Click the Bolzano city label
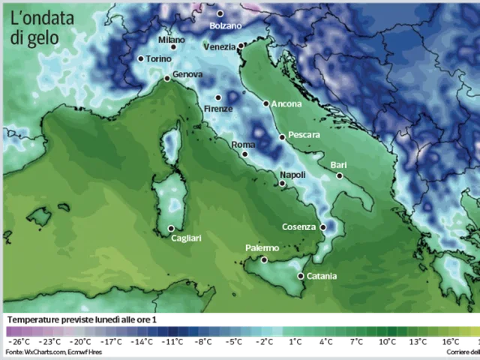[225, 25]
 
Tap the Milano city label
[171, 40]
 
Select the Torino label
[158, 58]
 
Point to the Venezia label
[220, 46]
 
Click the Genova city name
[187, 75]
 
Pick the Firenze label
[218, 109]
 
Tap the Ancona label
[286, 104]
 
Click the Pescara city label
[304, 135]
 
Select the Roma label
[243, 145]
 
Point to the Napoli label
[292, 174]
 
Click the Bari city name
[339, 165]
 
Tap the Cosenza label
[299, 226]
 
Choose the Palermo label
[262, 248]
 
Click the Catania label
[321, 276]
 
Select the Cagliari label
[186, 238]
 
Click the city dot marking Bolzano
[220, 13]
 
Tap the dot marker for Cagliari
[171, 229]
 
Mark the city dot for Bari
[340, 176]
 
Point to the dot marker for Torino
[140, 58]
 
